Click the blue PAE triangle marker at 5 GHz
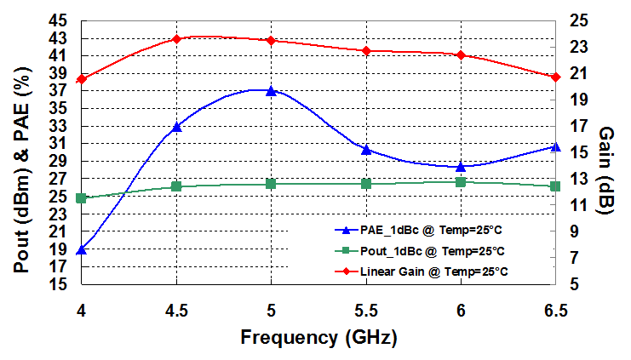(x=271, y=91)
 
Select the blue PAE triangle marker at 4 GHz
(x=82, y=249)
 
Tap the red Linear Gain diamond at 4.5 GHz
(x=176, y=39)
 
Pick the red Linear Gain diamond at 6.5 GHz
(x=555, y=77)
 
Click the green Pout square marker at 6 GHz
(x=461, y=182)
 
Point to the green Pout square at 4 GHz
(x=82, y=198)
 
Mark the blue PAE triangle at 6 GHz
(x=461, y=166)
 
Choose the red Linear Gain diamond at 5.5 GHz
(x=366, y=51)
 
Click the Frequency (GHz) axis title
(x=318, y=338)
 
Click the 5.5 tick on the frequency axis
(x=366, y=311)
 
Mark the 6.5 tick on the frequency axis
(x=555, y=311)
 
